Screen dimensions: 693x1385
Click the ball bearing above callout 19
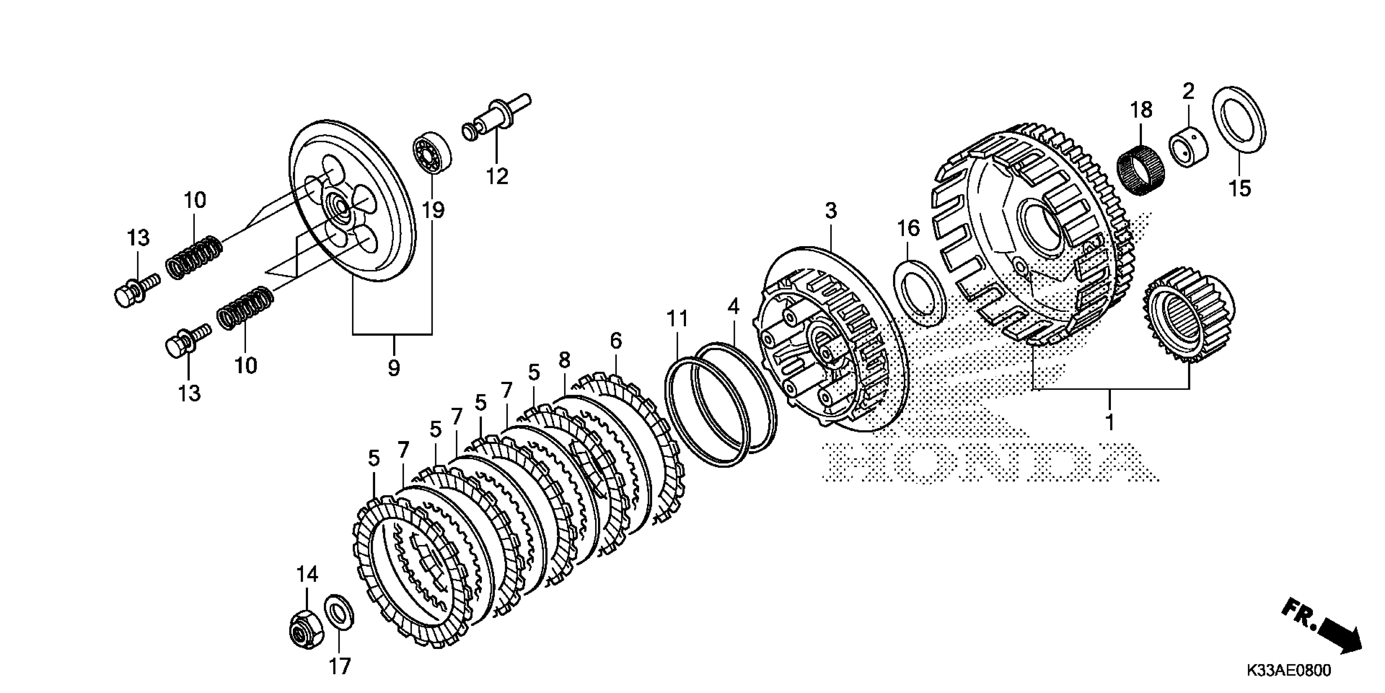(432, 152)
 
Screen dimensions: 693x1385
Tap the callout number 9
(394, 369)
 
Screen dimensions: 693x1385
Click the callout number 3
(831, 210)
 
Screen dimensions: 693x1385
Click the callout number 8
(564, 360)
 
